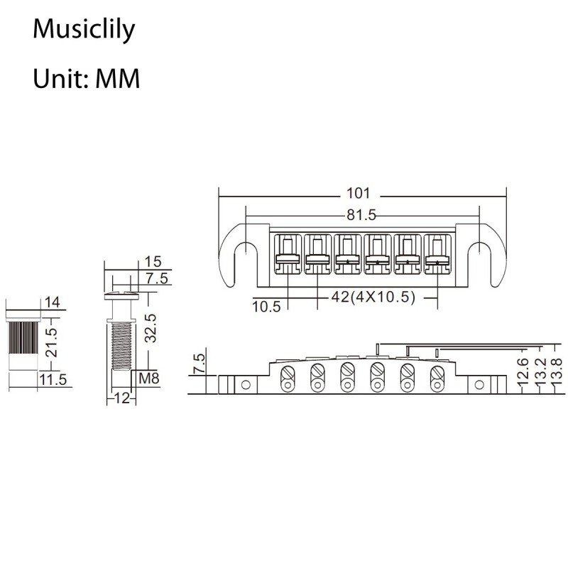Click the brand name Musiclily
84,31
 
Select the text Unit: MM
86,78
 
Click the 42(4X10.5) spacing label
373,297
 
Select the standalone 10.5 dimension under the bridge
266,306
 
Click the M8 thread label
148,378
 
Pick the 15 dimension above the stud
153,261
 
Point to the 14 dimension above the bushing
52,302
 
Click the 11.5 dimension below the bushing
53,379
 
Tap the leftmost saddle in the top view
288,253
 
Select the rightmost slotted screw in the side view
435,372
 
